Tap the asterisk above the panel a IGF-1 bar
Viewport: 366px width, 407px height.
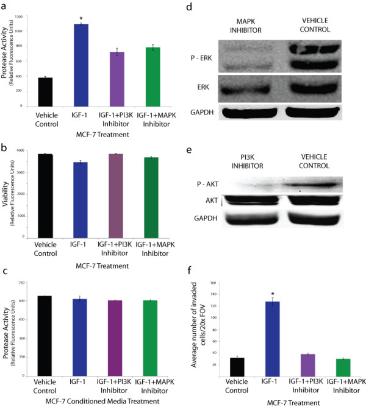(x=81, y=18)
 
